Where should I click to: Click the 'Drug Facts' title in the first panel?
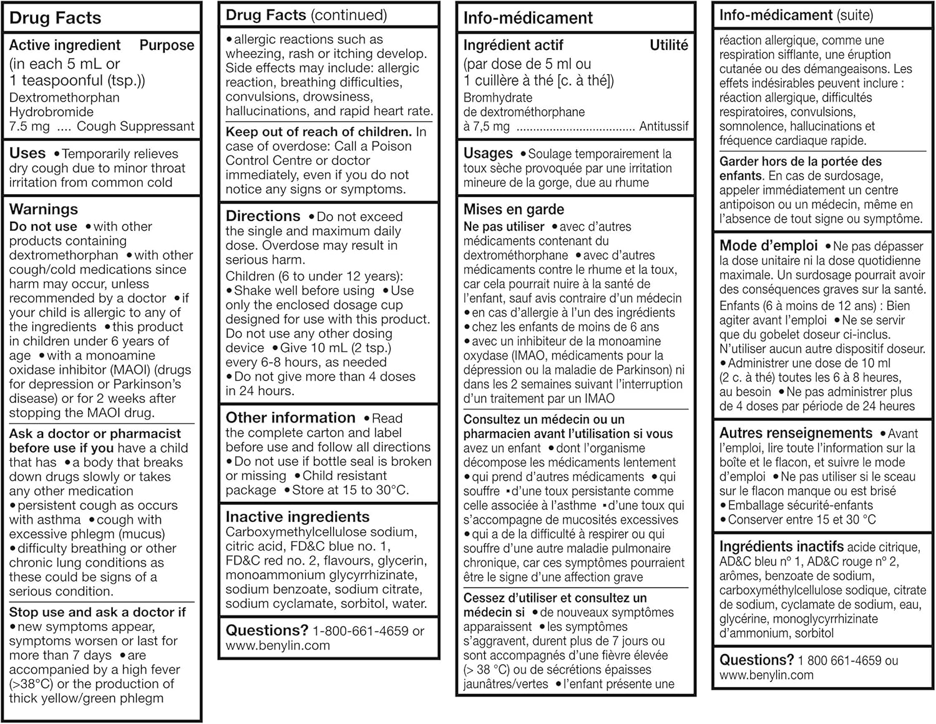(55, 18)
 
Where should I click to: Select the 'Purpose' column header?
(167, 45)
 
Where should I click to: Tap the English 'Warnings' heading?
(44, 209)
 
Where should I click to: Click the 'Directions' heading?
(263, 216)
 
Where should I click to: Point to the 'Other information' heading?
(290, 418)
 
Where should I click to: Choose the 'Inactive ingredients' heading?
(297, 517)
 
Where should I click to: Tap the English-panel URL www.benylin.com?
(278, 646)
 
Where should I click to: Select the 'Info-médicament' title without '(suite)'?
(528, 18)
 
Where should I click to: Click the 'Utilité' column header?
(669, 45)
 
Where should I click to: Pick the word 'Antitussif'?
(664, 127)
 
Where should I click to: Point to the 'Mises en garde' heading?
(514, 209)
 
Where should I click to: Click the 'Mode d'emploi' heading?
(768, 246)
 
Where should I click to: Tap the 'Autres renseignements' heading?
(796, 433)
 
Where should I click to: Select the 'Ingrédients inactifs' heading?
(781, 547)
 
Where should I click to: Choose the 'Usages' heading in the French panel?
(488, 154)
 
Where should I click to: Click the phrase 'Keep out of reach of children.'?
(318, 132)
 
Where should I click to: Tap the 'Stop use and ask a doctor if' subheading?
(97, 612)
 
